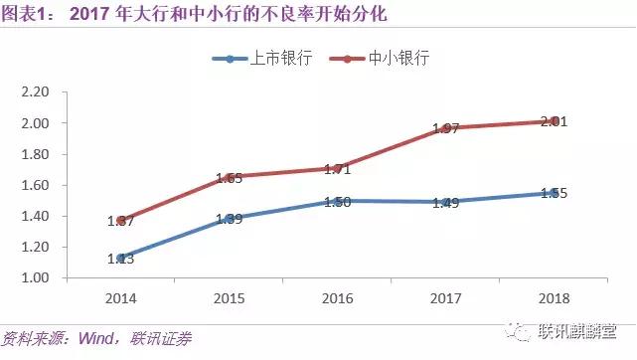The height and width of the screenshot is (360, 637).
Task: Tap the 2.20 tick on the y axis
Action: [36, 92]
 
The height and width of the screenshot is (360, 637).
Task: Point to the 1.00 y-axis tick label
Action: [36, 277]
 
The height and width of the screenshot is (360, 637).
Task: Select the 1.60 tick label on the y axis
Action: [36, 185]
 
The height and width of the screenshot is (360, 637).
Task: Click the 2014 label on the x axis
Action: [120, 297]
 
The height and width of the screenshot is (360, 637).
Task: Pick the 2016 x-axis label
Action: [338, 297]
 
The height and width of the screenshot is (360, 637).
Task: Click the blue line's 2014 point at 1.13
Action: [120, 258]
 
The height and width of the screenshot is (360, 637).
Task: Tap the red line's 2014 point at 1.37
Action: [120, 221]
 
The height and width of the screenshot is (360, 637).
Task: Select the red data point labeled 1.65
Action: [229, 177]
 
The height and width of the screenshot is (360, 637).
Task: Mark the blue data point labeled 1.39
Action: [229, 217]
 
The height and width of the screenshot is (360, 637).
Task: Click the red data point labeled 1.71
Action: [338, 168]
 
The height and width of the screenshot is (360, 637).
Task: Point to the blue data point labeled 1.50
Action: [338, 200]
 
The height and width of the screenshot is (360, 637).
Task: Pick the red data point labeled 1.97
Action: [446, 128]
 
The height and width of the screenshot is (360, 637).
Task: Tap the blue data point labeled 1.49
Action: [446, 202]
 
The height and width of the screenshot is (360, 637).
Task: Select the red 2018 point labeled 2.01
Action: [555, 121]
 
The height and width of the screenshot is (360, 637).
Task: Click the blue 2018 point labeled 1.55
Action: [555, 193]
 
